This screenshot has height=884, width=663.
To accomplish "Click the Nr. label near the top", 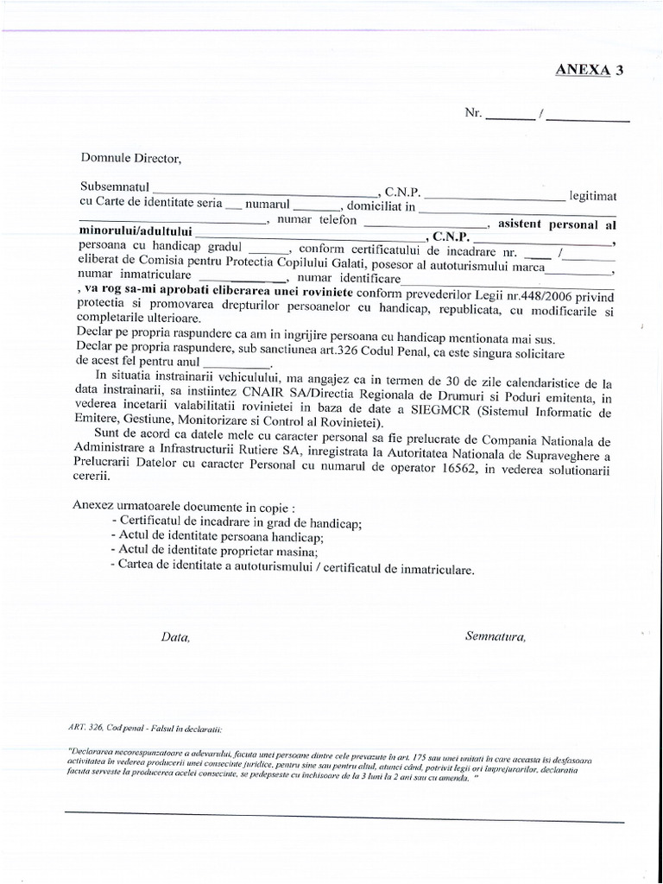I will [473, 113].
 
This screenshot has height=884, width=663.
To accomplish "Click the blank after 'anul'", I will [235, 363].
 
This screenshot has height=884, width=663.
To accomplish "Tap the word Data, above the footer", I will [175, 638].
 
